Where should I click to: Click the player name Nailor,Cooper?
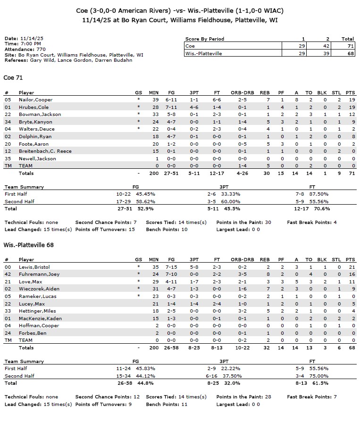35,100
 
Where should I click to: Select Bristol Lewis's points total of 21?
350,267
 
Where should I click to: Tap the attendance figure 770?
41,49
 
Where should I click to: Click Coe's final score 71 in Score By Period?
349,46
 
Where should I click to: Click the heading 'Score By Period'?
205,39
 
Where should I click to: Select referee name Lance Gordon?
70,60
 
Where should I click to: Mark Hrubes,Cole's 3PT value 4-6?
194,107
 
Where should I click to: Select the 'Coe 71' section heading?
13,78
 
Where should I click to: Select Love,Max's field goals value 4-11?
171,281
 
